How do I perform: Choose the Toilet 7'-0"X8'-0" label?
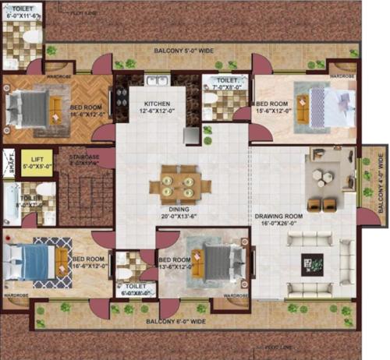[x=228, y=84]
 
